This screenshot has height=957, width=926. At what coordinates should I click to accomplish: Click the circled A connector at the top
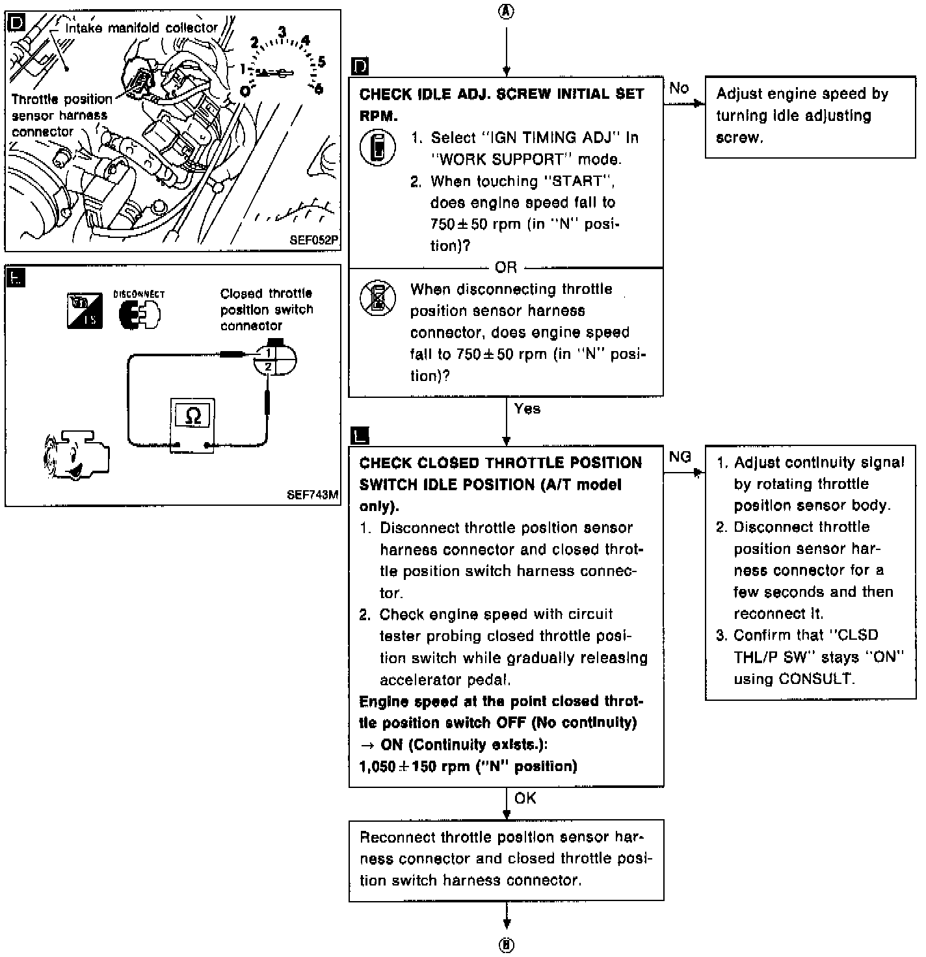(x=506, y=12)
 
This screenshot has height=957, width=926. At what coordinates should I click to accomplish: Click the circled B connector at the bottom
(x=506, y=945)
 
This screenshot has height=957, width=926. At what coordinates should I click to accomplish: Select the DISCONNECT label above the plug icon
(x=139, y=295)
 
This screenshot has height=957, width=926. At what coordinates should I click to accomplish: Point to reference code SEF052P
(x=313, y=239)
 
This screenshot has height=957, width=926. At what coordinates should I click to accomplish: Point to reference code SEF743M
(x=312, y=495)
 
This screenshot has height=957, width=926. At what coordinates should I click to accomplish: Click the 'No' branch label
(x=679, y=88)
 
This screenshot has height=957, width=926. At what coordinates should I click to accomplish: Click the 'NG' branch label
(x=680, y=457)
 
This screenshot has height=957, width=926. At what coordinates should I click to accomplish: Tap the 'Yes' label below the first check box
(x=527, y=409)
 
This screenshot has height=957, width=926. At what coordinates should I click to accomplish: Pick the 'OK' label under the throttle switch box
(x=525, y=798)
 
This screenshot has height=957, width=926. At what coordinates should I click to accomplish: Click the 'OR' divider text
(x=506, y=267)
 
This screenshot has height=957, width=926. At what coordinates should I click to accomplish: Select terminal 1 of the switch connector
(x=267, y=353)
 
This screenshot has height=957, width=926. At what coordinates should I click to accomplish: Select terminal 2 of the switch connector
(x=267, y=367)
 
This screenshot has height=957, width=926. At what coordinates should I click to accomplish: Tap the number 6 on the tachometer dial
(x=319, y=88)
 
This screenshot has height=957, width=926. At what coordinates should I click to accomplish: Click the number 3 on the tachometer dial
(x=282, y=32)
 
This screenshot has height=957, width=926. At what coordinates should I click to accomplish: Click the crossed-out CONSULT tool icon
(x=377, y=298)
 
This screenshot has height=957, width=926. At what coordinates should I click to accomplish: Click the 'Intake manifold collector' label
(x=142, y=28)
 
